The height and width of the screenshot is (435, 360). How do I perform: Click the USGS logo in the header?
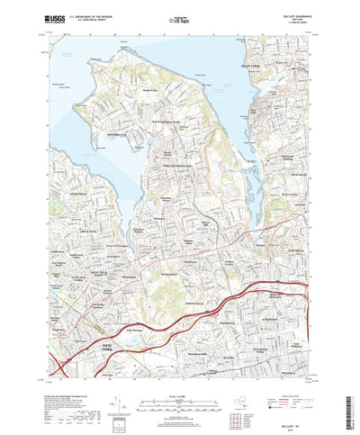41,16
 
